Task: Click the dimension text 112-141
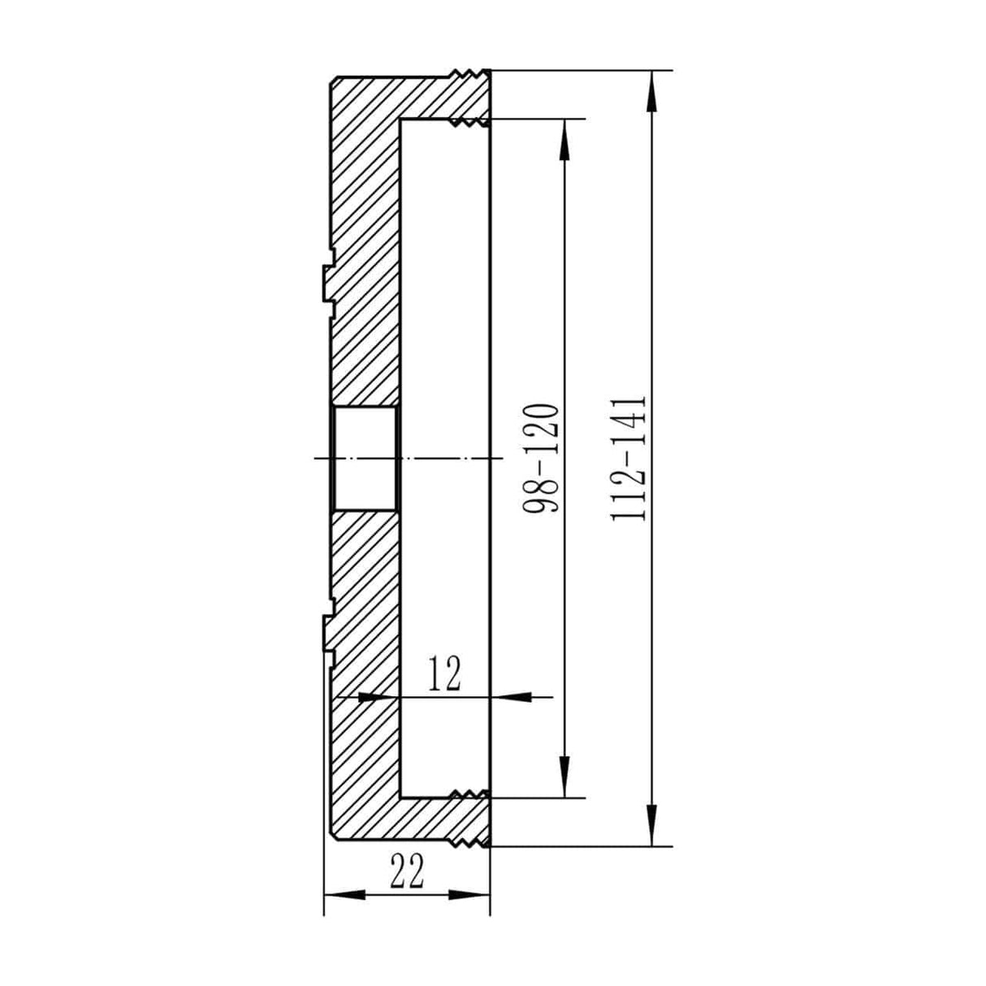click(x=631, y=459)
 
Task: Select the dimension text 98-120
click(x=542, y=459)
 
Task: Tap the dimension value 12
click(x=444, y=674)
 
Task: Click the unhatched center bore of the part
click(x=365, y=459)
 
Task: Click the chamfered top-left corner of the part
click(x=333, y=81)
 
